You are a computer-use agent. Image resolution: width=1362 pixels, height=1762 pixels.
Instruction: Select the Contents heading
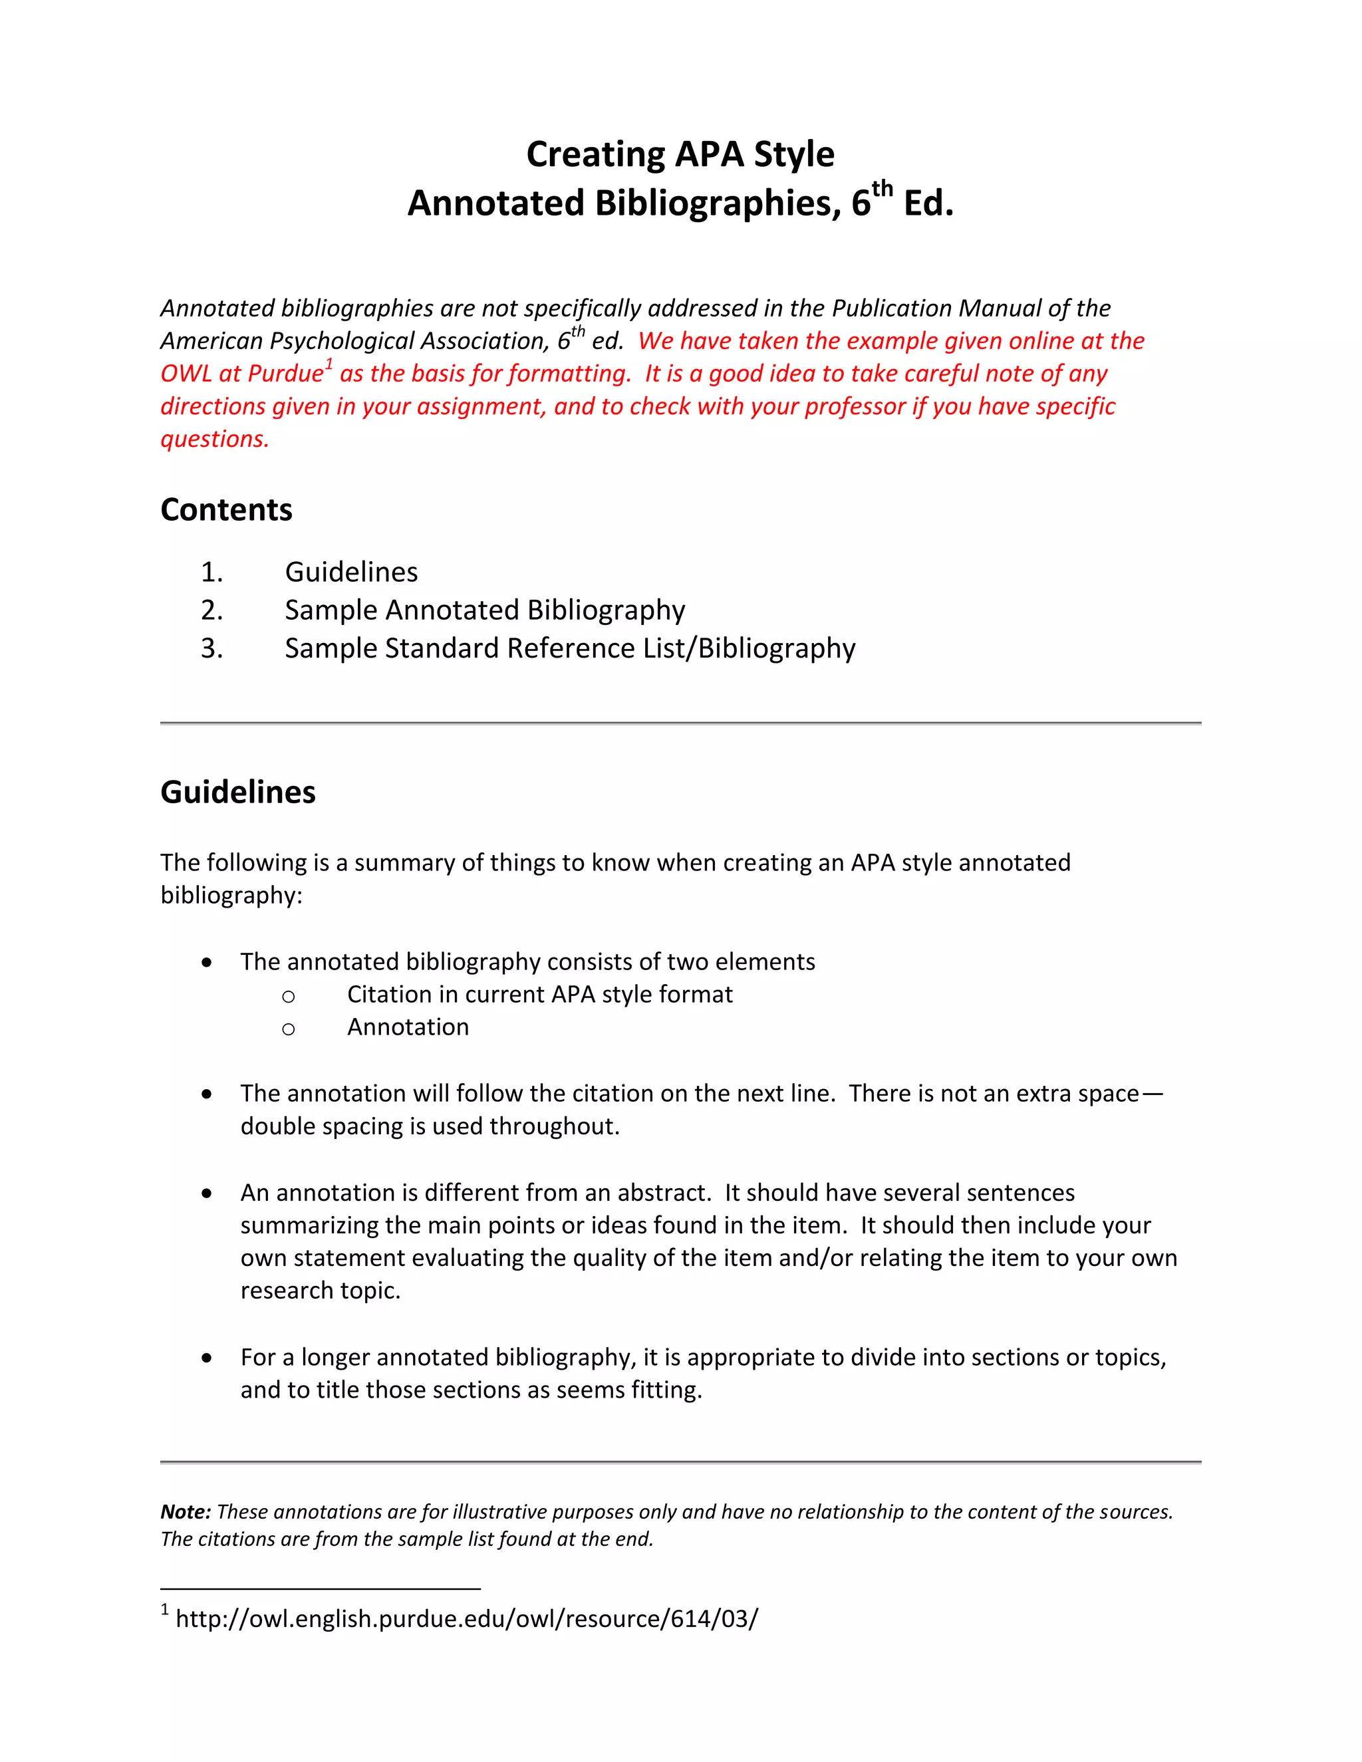click(x=226, y=510)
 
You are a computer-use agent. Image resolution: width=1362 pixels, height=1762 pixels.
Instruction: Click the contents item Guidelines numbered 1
click(x=351, y=572)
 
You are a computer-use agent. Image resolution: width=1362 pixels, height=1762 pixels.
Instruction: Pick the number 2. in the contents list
click(x=211, y=611)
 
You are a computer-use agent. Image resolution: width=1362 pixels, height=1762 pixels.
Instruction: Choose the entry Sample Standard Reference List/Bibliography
click(x=570, y=649)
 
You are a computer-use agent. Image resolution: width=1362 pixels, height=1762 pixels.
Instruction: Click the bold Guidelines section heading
click(x=238, y=793)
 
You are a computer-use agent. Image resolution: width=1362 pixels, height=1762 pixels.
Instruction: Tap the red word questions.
click(x=214, y=440)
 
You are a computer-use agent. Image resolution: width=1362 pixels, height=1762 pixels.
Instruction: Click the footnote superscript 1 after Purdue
click(x=329, y=366)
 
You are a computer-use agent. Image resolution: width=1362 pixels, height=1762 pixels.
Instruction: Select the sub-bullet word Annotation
click(x=408, y=1027)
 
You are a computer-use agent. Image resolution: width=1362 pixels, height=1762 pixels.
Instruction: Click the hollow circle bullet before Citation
click(x=288, y=997)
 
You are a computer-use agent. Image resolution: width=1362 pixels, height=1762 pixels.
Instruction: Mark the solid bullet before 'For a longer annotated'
click(x=207, y=1358)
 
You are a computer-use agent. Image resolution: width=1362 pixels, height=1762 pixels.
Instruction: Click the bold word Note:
click(x=186, y=1512)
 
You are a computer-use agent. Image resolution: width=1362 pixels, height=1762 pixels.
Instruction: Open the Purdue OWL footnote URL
click(x=466, y=1619)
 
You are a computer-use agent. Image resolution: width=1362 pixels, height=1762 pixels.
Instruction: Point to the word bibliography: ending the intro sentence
click(x=231, y=896)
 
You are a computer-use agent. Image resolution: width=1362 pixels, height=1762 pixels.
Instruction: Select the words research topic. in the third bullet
click(x=321, y=1291)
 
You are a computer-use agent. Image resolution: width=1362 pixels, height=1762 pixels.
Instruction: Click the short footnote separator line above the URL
click(x=321, y=1588)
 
